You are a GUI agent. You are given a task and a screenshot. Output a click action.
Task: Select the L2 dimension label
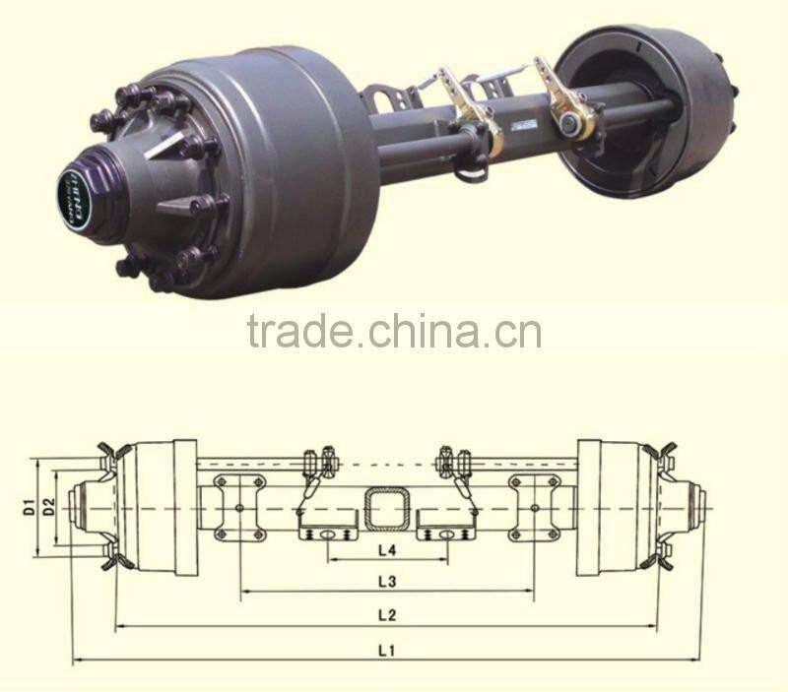click(x=386, y=615)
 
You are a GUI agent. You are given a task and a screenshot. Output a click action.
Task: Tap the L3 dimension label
click(x=386, y=582)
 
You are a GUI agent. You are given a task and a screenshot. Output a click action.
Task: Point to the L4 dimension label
click(x=386, y=548)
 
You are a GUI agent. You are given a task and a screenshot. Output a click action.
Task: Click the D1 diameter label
click(x=31, y=508)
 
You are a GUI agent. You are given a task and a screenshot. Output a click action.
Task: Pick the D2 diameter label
click(x=47, y=508)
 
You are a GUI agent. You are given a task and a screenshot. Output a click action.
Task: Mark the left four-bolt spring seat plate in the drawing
click(x=239, y=507)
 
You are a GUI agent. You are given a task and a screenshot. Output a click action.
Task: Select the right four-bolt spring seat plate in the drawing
click(x=535, y=507)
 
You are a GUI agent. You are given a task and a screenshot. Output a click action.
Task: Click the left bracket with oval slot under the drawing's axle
click(x=326, y=527)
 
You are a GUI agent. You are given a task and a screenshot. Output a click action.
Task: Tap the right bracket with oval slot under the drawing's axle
click(x=445, y=527)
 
